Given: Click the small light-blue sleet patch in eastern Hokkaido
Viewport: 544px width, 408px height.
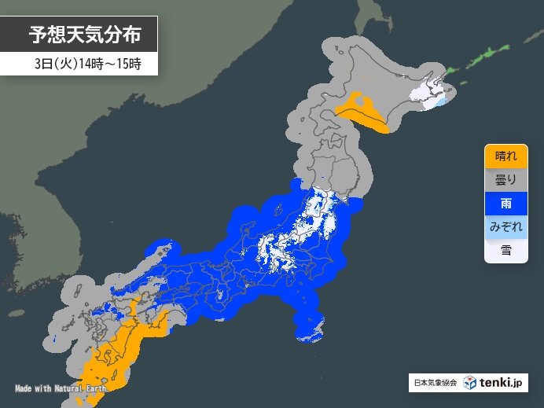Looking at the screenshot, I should [x=442, y=101].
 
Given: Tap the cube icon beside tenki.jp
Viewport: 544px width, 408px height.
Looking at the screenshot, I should [x=469, y=383].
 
